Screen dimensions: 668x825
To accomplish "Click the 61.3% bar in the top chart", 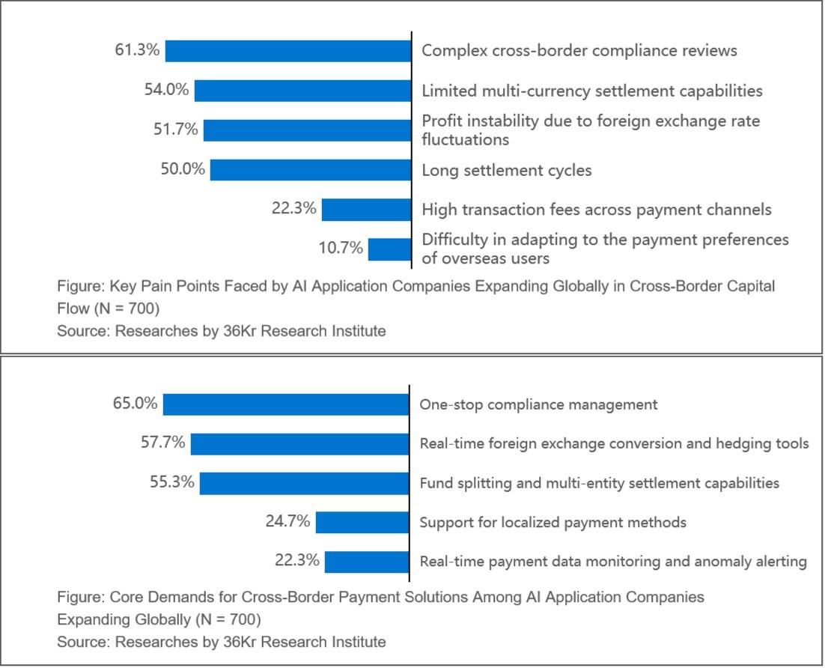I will point(288,51).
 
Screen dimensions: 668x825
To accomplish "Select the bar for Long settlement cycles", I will point(311,169).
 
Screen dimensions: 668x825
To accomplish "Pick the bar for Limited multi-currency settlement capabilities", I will point(303,91).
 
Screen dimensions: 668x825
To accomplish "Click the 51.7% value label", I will point(177,130).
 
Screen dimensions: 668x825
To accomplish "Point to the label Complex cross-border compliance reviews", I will point(579,50).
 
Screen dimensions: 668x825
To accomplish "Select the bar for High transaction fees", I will point(367,210).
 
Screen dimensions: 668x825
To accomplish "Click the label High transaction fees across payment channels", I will point(596,210).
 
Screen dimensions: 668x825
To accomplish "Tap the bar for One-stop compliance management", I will point(286,404).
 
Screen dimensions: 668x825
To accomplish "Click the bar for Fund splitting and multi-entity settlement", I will point(305,483).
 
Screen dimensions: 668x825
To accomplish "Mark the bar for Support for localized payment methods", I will point(362,522).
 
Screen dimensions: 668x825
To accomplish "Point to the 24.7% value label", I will point(288,521).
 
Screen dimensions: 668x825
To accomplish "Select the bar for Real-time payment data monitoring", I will point(367,561).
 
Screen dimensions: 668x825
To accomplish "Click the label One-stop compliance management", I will point(538,404).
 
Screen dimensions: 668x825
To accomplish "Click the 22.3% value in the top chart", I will point(294,209).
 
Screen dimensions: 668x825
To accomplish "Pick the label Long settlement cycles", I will point(507,170).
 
